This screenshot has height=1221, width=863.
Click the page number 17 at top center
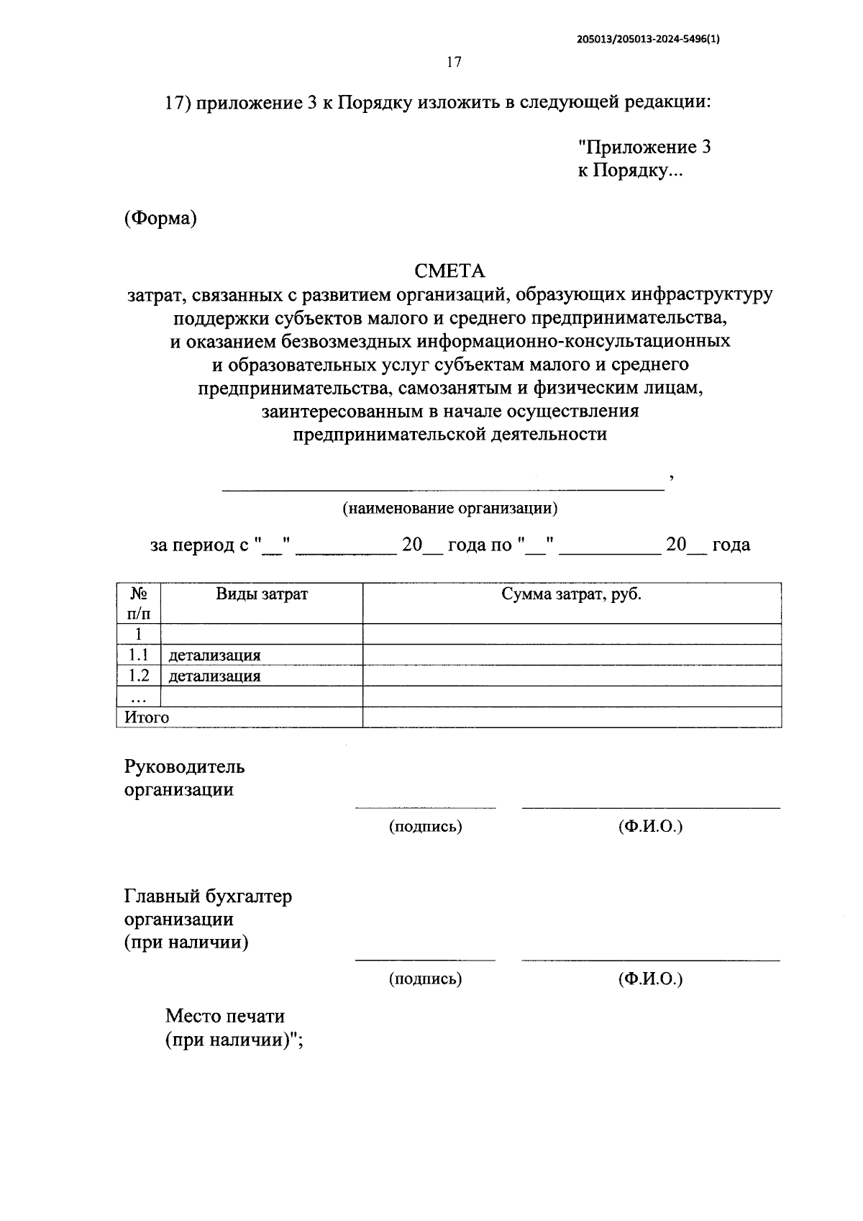point(453,62)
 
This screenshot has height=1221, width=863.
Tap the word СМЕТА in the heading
point(449,271)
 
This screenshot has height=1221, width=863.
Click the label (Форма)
point(160,219)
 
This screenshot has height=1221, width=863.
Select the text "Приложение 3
point(645,147)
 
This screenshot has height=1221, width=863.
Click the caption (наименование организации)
point(449,509)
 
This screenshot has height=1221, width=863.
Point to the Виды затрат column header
point(262,594)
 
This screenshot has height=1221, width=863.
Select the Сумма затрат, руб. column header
point(571,594)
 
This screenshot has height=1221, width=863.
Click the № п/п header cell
point(139,604)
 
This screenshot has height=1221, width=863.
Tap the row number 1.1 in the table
point(139,655)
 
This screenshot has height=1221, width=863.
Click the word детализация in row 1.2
point(214,676)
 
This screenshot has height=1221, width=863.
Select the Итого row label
point(147,717)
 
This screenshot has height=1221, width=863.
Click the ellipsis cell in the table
point(139,696)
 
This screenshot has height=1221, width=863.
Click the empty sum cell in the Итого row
point(571,717)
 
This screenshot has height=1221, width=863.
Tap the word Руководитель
point(185,767)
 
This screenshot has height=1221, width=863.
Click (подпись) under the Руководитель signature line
point(425,827)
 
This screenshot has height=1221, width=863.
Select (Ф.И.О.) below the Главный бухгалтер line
point(650,979)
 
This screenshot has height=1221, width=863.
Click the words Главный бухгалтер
point(208,897)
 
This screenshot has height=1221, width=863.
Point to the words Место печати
point(225,1017)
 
